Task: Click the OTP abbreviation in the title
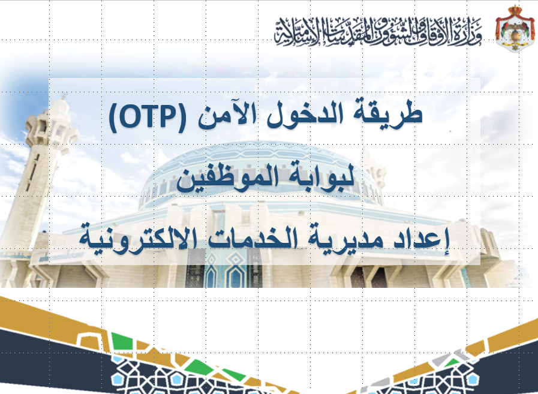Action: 148,117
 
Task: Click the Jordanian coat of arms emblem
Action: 515,29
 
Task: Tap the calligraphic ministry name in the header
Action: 378,32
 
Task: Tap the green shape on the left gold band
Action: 122,341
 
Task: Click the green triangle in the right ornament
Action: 453,362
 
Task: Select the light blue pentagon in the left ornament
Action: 177,378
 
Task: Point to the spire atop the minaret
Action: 63,95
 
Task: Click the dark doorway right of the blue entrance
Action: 368,276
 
